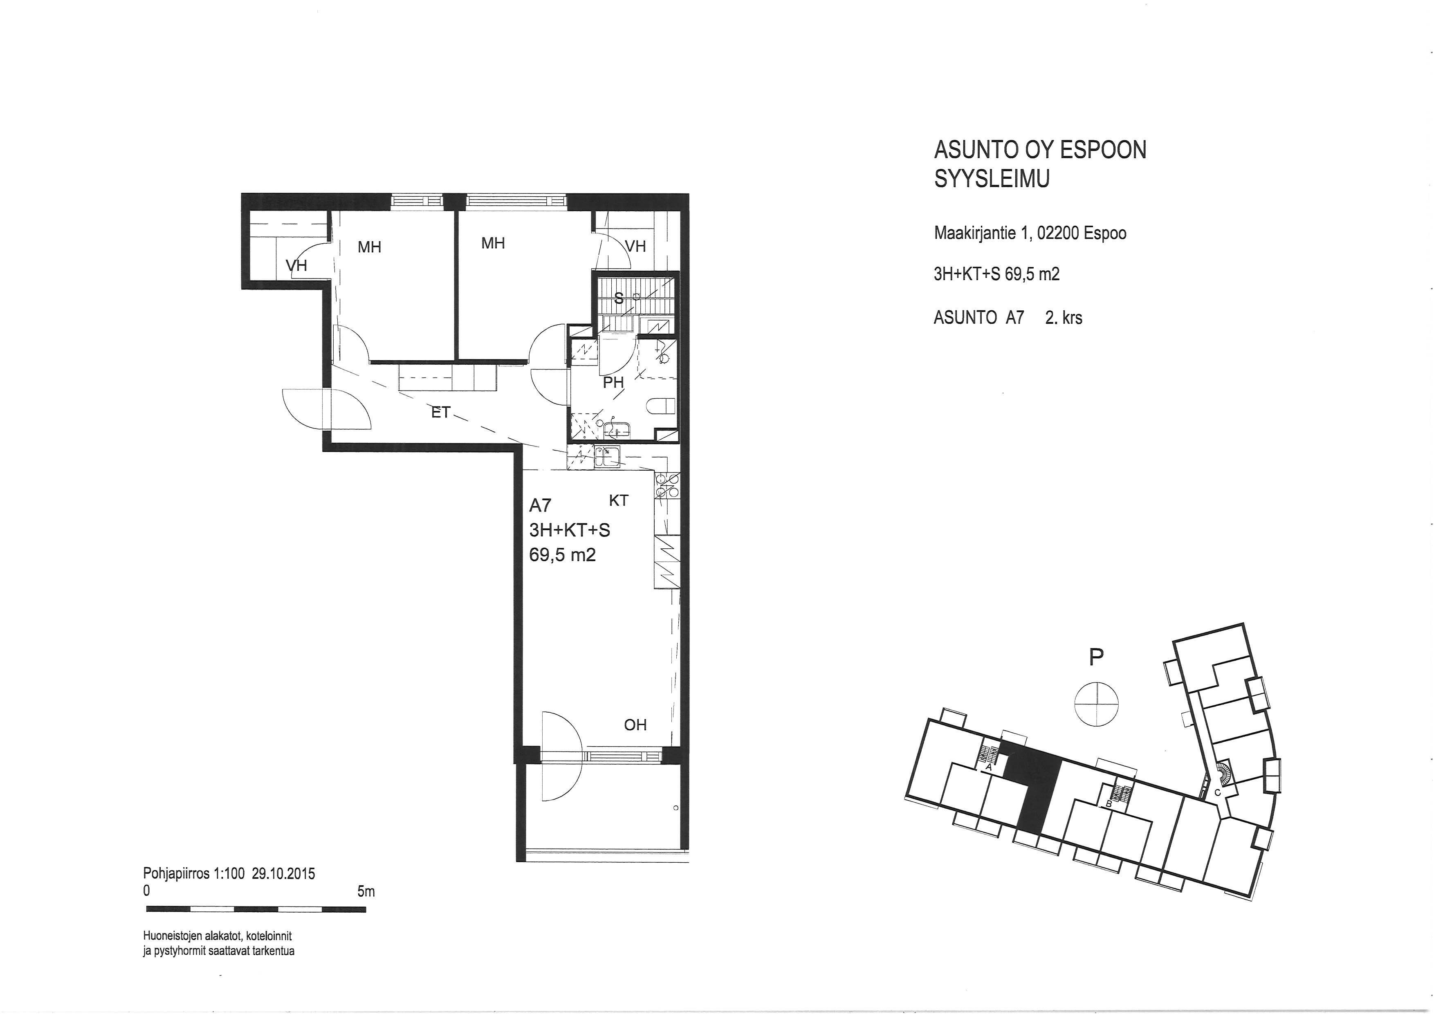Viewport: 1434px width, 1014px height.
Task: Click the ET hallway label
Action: [441, 412]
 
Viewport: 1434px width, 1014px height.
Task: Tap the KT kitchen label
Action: [618, 500]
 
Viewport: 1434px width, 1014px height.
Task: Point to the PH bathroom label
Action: [613, 383]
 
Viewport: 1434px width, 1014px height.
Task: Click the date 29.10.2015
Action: [283, 873]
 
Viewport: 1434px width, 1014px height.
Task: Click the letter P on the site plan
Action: [1096, 657]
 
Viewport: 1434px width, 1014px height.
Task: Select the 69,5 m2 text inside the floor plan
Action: [562, 554]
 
